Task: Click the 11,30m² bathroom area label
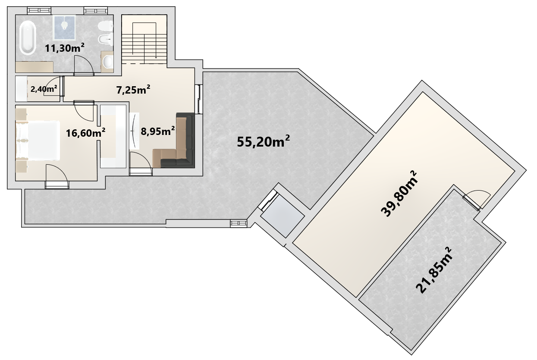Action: point(65,48)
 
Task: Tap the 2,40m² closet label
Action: point(44,89)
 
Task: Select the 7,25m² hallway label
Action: point(133,90)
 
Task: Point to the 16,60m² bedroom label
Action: point(85,132)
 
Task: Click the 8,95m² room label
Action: point(158,131)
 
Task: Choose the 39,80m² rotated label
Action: point(399,194)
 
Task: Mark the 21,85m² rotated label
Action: point(434,270)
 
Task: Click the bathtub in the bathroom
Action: point(28,38)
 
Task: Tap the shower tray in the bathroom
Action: point(64,27)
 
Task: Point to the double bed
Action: point(38,140)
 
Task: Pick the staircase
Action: point(144,40)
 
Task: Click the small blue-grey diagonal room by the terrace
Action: point(283,216)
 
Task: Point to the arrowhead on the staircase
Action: point(156,57)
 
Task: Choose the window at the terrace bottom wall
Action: point(239,223)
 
